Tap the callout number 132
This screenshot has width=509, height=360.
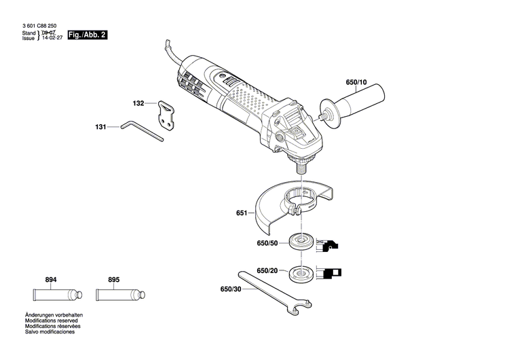click(138, 104)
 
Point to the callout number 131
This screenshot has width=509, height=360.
click(100, 126)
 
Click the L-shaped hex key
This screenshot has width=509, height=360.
click(142, 131)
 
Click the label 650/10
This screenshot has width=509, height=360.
click(356, 83)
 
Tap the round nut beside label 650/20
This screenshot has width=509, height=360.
click(299, 273)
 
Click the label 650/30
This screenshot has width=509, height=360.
click(231, 289)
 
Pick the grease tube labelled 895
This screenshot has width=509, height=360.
click(119, 295)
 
